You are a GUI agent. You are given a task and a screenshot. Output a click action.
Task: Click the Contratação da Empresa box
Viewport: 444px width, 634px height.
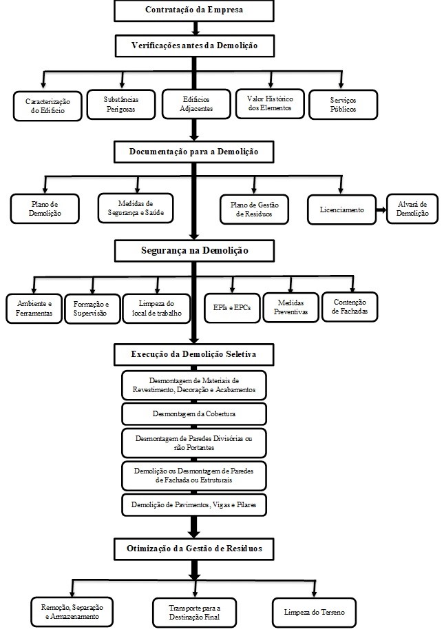point(195,11)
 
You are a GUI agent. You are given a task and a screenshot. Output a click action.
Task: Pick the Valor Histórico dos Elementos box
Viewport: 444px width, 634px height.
point(269,103)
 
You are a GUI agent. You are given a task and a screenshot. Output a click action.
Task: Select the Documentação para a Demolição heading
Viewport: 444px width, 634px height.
point(195,151)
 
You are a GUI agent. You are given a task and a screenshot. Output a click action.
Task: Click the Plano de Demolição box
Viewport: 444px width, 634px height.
point(46,209)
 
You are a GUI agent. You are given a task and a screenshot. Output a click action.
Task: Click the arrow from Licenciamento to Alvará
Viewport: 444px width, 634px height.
point(379,209)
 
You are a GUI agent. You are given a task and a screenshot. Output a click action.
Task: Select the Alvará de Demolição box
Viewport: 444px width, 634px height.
point(412,209)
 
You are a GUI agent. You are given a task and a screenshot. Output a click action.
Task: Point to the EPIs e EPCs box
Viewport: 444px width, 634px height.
point(232,307)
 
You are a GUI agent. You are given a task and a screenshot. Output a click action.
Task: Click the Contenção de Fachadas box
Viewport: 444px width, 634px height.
point(349,307)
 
